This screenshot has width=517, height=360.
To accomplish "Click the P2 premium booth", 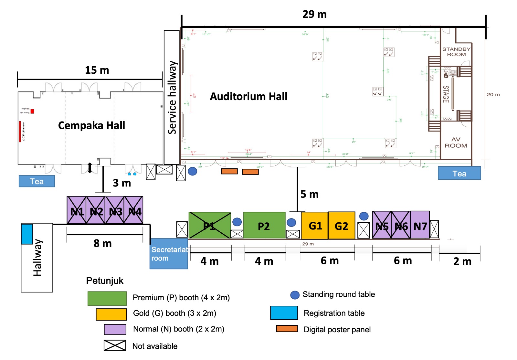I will click(264, 226).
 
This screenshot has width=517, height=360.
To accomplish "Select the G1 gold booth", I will click(314, 226).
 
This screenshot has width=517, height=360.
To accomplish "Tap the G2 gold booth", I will click(342, 226).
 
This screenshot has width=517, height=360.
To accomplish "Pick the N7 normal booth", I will click(420, 225).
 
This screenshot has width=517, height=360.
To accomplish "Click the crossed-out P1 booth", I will click(209, 226).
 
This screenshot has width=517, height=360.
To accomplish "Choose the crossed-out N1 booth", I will click(77, 210).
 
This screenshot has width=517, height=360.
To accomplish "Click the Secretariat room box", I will click(169, 254).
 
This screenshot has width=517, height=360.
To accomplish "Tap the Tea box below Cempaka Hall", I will click(37, 181).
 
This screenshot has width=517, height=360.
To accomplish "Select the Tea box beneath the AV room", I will click(459, 173).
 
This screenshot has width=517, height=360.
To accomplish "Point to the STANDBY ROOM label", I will click(456, 52).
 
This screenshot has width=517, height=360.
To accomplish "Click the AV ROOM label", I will click(456, 143).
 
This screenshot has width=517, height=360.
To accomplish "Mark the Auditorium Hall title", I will click(248, 96).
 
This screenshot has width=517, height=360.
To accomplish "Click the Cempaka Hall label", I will click(91, 125).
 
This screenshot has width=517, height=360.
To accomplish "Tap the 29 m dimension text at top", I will click(314, 14).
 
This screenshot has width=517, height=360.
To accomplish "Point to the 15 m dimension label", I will click(97, 70).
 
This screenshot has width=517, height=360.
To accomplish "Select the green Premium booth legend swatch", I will click(107, 298).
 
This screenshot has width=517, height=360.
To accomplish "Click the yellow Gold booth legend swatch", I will click(111, 314).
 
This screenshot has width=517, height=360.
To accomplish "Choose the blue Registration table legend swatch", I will click(284, 313).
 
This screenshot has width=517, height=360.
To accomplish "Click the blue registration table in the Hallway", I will click(27, 234).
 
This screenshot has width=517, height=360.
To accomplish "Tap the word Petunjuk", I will click(105, 281).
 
